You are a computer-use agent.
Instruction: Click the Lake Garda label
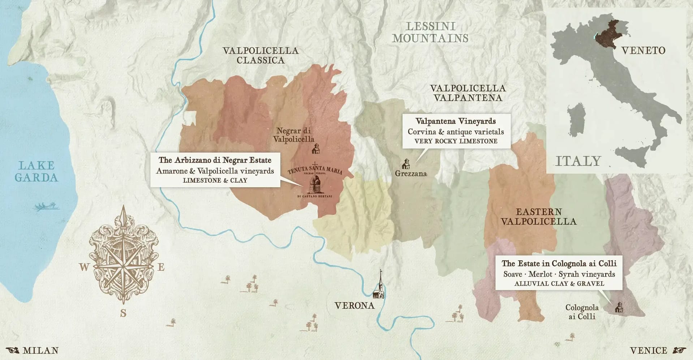[36, 171]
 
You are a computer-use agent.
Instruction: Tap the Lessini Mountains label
[430, 32]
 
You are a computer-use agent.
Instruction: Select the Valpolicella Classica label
[261, 55]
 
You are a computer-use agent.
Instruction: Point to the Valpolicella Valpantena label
[468, 93]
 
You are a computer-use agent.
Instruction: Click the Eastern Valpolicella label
[539, 217]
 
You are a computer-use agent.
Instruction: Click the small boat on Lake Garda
[47, 207]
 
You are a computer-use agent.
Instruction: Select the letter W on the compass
[84, 267]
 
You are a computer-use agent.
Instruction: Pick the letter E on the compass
[161, 267]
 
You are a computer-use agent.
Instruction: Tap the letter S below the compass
[123, 313]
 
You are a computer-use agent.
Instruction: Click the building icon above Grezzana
[406, 164]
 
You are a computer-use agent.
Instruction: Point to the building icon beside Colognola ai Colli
[619, 307]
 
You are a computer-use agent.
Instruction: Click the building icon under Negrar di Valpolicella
[316, 148]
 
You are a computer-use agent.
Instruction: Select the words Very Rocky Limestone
[456, 141]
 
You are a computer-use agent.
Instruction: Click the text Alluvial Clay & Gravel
[559, 284]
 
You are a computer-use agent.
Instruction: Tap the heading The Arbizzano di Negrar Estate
[215, 160]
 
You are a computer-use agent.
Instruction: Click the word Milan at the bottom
[40, 351]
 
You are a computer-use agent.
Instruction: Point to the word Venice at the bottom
[648, 351]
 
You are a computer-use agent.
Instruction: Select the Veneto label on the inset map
[643, 50]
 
